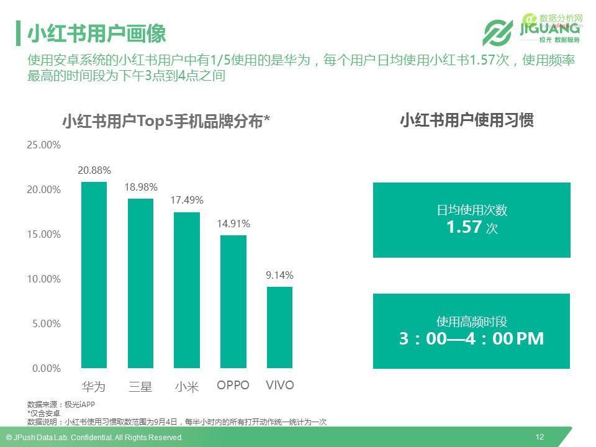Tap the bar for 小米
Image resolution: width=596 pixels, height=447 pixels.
186,290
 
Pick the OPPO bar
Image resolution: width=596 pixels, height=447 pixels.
233,301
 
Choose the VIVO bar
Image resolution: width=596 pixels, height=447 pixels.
279,327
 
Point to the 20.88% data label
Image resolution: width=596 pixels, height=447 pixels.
94,170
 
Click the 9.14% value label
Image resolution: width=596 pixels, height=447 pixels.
279,275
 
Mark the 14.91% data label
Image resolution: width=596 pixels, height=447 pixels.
233,223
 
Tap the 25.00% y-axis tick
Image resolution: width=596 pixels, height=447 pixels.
43,145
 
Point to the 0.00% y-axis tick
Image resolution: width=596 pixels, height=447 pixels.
46,369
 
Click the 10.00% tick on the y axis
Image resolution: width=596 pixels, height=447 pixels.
43,279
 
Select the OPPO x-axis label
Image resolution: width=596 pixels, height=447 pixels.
233,386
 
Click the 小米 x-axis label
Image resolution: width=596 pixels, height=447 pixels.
186,387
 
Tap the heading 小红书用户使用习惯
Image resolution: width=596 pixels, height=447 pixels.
466,120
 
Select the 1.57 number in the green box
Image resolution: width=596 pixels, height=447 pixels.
464,227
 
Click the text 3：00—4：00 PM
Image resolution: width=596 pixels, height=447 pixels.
471,339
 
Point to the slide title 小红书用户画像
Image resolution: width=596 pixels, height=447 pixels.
96,34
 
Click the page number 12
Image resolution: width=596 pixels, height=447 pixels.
540,437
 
